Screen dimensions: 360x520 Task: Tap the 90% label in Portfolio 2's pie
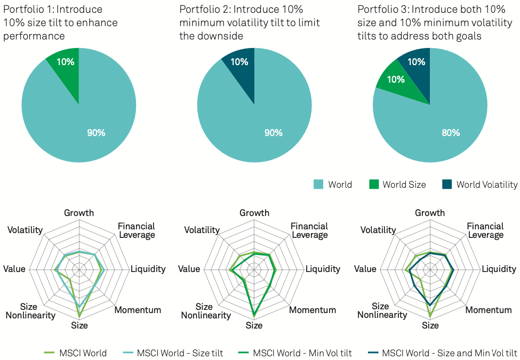tap(273, 133)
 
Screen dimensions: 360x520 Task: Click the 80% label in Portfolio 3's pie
tap(451, 133)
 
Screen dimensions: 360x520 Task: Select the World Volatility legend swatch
tap(447, 185)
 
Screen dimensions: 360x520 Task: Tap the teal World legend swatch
tap(318, 185)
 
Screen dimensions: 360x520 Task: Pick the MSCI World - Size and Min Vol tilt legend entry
tap(443, 353)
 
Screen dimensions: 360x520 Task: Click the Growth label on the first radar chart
tap(79, 213)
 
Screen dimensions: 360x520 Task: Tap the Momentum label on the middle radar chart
tap(313, 310)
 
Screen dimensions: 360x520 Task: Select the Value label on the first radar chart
tap(14, 269)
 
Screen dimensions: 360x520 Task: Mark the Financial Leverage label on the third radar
tap(485, 230)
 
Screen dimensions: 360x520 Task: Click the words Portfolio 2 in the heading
tap(203, 10)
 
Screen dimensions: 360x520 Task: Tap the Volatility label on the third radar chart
tap(378, 230)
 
